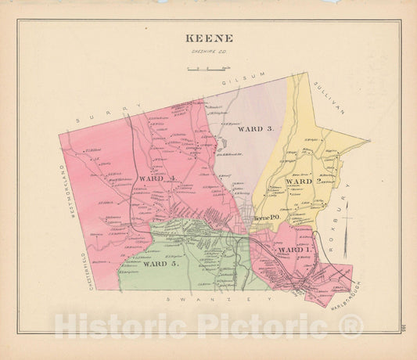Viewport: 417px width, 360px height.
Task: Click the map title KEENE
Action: (x=208, y=37)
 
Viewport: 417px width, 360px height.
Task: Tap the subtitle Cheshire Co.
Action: (x=208, y=52)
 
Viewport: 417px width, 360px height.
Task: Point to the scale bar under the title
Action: (x=207, y=70)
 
